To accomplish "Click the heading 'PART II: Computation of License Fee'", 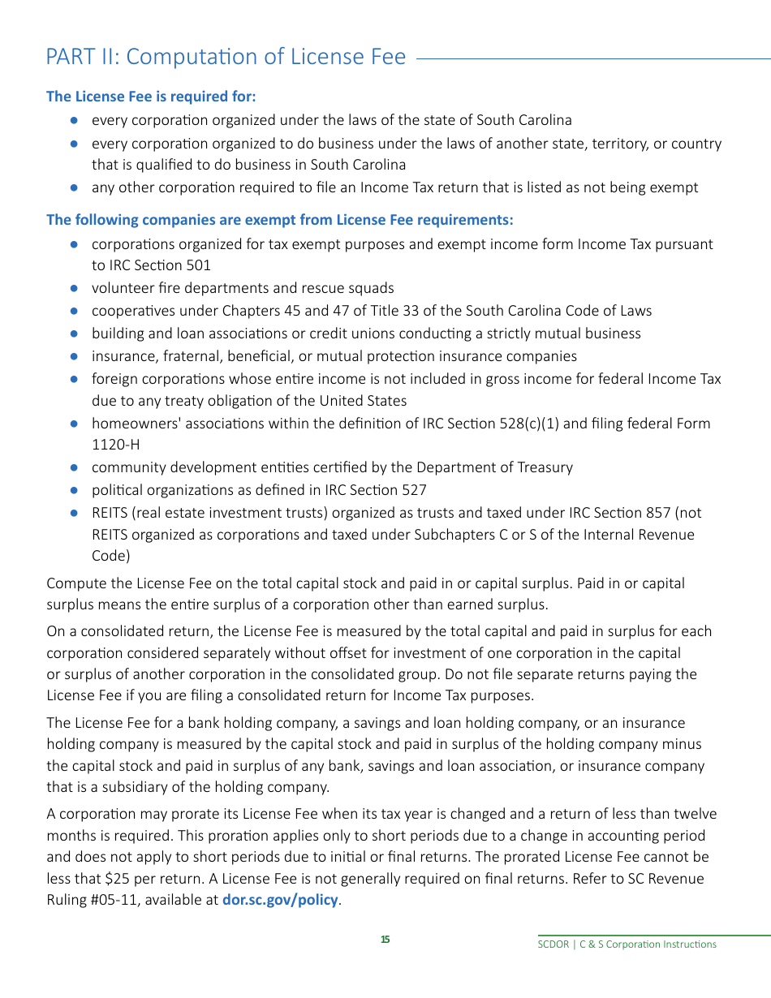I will tap(226, 57).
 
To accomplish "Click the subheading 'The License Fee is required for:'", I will tap(151, 97).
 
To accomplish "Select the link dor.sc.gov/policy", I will tap(280, 900).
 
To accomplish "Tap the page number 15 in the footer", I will tap(385, 940).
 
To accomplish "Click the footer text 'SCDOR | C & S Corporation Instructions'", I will tap(627, 944).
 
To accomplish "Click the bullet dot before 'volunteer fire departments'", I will tap(74, 288).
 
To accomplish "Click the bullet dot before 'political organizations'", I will tap(74, 490).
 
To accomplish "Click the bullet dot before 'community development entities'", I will tap(74, 467).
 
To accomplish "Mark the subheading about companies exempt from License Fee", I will tap(279, 220).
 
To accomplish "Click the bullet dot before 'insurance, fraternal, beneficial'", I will tap(74, 356).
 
